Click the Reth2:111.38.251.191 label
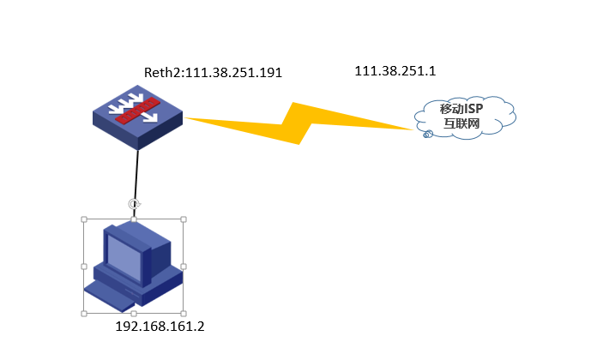tap(213, 73)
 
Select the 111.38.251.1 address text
tap(395, 71)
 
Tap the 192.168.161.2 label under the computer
tap(160, 327)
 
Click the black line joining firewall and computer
tap(136, 176)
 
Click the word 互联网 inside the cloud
tap(461, 124)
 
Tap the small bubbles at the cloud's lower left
tap(427, 135)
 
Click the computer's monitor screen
tap(124, 257)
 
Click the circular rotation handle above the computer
tap(133, 204)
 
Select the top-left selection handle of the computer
tap(84, 219)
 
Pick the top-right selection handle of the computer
tap(184, 219)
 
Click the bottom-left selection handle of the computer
tap(84, 314)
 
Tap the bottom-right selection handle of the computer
tap(184, 314)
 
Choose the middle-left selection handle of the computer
tap(84, 267)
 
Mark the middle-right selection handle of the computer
tap(184, 267)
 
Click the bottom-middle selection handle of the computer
tap(134, 314)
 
